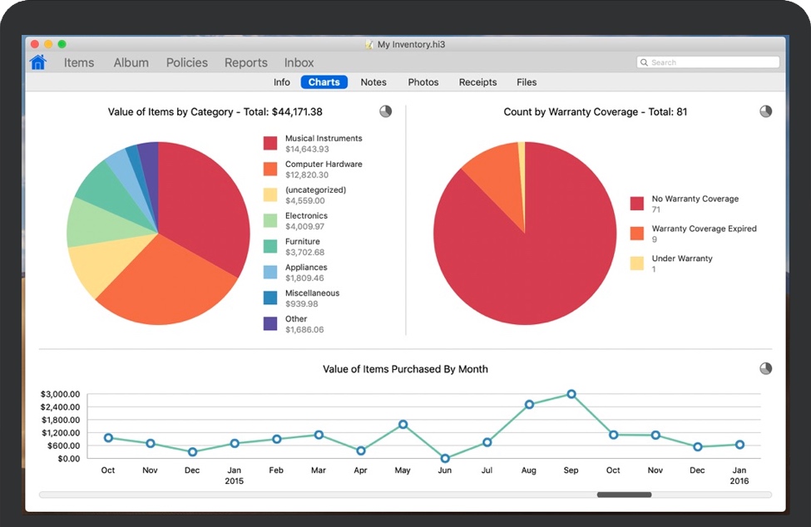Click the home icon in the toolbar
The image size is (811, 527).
coord(38,62)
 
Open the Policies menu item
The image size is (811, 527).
coord(186,62)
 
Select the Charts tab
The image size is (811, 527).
coord(324,82)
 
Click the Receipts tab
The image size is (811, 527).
coord(477,82)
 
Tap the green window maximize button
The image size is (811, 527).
coord(62,44)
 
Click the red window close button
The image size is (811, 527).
coord(35,44)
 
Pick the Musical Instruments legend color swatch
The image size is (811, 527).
coord(270,143)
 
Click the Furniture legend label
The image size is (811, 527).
coord(303,242)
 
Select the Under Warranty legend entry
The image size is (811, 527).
coord(681,259)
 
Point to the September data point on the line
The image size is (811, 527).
coord(571,394)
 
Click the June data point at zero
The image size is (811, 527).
coord(445,458)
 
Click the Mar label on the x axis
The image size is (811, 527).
coord(319,470)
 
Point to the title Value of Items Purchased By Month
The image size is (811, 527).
coord(405,369)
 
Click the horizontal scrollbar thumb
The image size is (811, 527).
coord(624,495)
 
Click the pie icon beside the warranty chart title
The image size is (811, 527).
coord(765,111)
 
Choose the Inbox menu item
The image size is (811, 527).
coord(299,62)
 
